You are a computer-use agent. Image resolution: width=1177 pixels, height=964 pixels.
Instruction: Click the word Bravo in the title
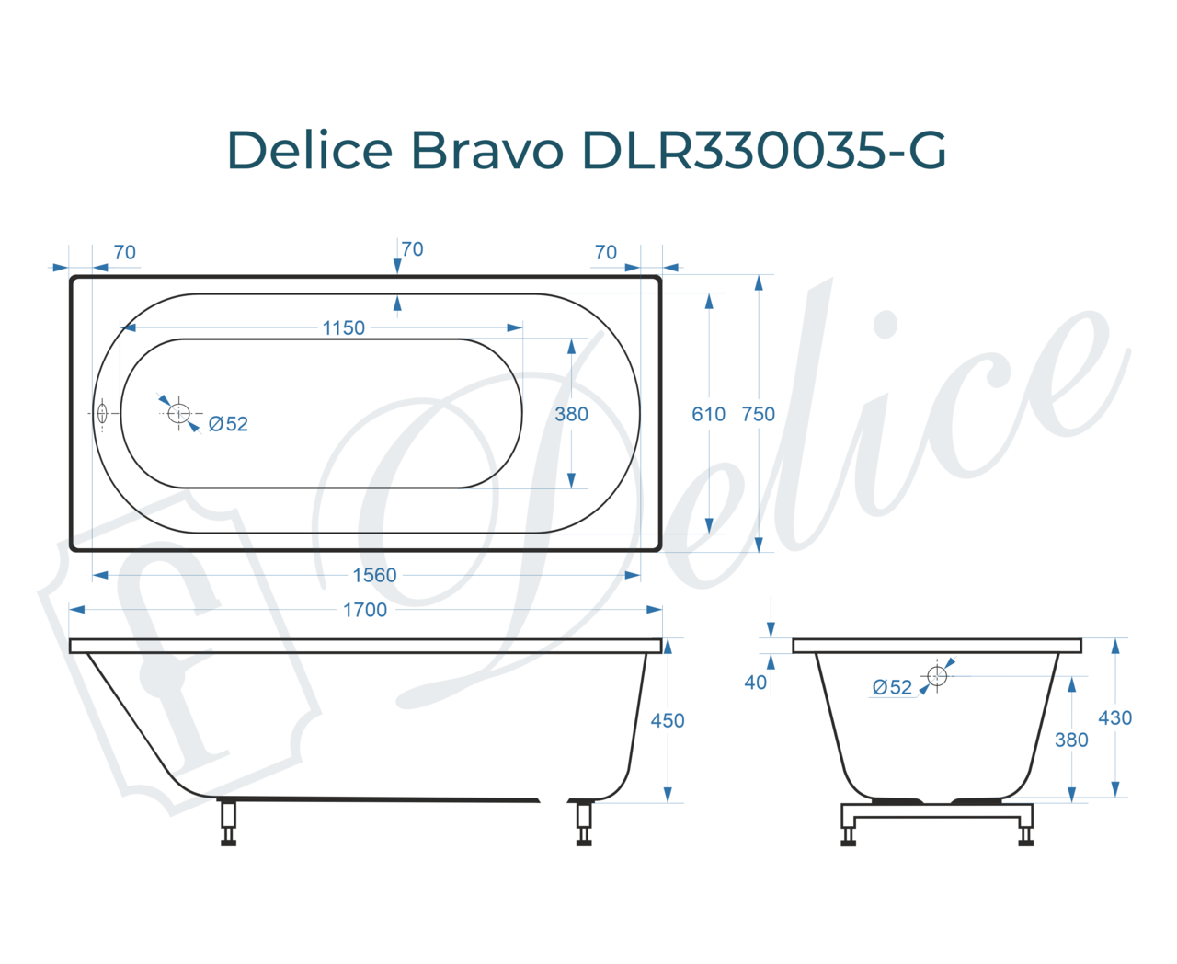(x=486, y=150)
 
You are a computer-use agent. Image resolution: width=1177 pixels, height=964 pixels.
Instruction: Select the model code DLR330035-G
(x=764, y=150)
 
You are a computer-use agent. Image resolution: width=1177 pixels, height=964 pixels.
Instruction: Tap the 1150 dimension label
(x=343, y=327)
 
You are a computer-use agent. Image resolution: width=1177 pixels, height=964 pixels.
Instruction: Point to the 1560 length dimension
(x=374, y=575)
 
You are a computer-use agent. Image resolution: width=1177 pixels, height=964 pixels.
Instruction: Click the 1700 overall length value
(x=364, y=610)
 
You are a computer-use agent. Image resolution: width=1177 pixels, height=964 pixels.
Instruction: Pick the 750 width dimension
(x=758, y=414)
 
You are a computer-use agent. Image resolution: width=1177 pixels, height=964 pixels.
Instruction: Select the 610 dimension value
(x=708, y=414)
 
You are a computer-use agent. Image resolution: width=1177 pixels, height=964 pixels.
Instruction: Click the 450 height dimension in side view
(x=668, y=720)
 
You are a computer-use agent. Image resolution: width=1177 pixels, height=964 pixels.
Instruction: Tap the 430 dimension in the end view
(x=1115, y=717)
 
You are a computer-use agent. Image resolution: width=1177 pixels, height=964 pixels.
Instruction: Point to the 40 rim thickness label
(x=756, y=683)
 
